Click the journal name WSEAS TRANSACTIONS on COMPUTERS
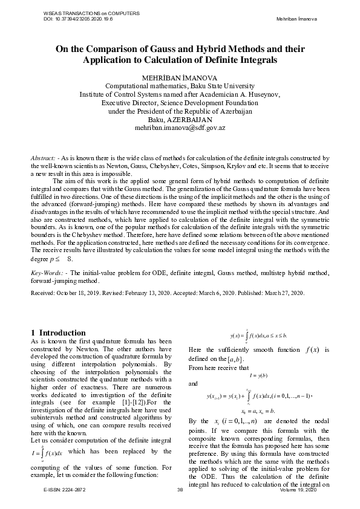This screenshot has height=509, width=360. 84,13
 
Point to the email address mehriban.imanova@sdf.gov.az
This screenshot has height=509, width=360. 180,128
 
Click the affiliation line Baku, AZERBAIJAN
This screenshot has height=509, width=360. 180,120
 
